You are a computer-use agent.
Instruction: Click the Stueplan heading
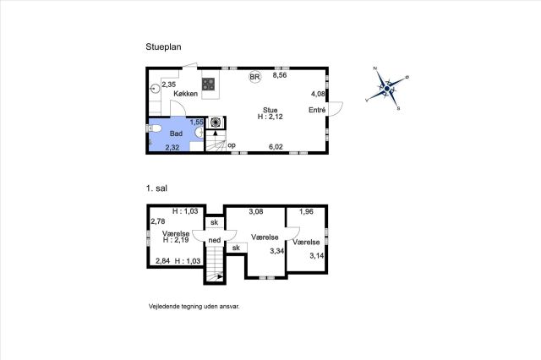(163, 46)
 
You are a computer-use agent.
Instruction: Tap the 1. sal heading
(156, 188)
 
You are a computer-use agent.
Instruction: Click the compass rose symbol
(387, 89)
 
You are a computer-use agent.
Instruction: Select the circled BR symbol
(254, 77)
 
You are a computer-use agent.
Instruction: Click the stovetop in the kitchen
(209, 84)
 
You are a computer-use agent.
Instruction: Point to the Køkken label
(186, 94)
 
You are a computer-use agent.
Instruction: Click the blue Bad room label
(176, 134)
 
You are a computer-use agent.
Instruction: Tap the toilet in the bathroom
(155, 129)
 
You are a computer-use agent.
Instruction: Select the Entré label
(317, 110)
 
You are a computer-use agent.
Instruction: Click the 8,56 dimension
(280, 75)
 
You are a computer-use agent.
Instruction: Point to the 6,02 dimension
(276, 147)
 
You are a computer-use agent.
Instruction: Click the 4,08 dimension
(318, 94)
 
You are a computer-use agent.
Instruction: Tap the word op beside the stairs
(232, 145)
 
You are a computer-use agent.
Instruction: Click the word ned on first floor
(214, 240)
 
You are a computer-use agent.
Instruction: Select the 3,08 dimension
(256, 211)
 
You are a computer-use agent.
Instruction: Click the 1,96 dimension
(306, 211)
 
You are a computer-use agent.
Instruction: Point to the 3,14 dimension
(317, 255)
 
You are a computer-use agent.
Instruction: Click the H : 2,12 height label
(270, 117)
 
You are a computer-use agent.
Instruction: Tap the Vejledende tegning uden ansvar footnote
(194, 306)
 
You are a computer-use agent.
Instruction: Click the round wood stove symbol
(216, 122)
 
